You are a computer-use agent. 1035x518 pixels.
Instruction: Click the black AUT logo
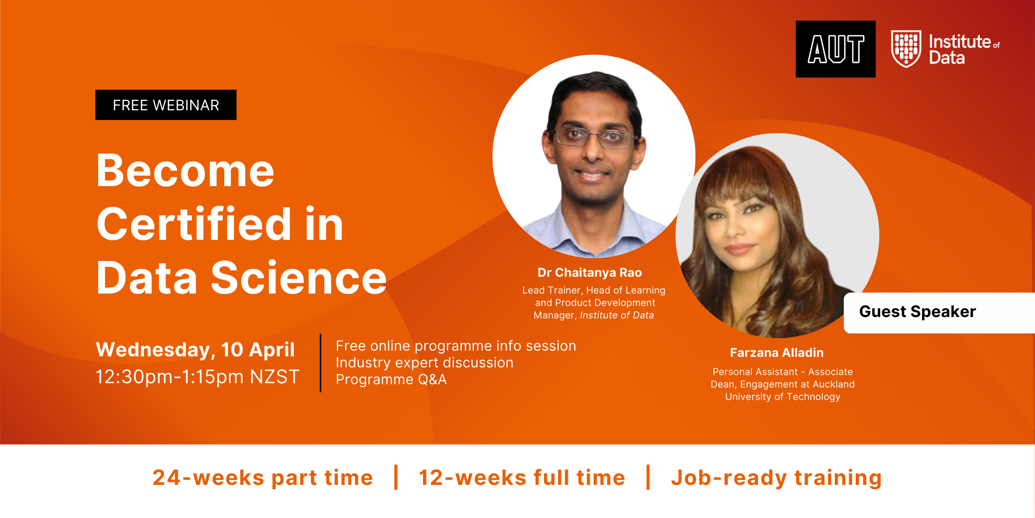click(836, 49)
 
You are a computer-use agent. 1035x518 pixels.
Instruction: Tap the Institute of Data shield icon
click(906, 49)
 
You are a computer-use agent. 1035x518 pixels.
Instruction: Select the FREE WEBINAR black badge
click(166, 105)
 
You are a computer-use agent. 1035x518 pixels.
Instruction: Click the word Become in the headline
click(185, 171)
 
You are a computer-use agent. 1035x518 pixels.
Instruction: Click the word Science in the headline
click(299, 278)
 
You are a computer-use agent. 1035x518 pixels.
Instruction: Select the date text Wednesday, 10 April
click(195, 350)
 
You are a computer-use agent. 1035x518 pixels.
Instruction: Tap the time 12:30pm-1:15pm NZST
click(197, 377)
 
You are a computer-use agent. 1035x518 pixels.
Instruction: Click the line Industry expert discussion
click(425, 363)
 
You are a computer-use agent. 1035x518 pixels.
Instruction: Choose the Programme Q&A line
click(391, 379)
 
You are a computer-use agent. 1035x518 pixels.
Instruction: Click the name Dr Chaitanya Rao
click(590, 272)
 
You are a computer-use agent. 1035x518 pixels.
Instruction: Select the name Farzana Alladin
click(777, 353)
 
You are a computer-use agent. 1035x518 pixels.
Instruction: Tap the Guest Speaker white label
click(939, 313)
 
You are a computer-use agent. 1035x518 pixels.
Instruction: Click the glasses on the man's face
click(595, 137)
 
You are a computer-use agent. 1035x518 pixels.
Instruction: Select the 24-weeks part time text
click(263, 478)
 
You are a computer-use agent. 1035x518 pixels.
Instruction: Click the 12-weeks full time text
click(522, 478)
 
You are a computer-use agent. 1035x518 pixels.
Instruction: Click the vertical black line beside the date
click(321, 363)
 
